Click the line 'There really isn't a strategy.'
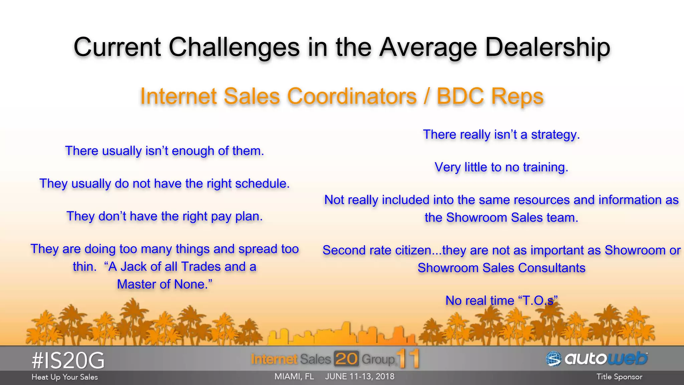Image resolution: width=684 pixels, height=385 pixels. click(x=501, y=135)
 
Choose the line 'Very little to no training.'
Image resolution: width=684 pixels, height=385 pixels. click(x=501, y=167)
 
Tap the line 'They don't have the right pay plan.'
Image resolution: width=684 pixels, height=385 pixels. click(x=165, y=217)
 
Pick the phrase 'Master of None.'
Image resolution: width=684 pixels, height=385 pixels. click(x=165, y=284)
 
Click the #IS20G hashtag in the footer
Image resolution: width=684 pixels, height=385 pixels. click(x=68, y=361)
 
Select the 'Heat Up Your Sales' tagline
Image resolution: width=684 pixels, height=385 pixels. click(x=65, y=377)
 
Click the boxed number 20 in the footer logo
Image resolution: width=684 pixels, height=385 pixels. click(x=346, y=359)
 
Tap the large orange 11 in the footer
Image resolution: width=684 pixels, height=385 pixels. click(x=408, y=359)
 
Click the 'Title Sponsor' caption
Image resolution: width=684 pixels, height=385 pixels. click(x=619, y=377)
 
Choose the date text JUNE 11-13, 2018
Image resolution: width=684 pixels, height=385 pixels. click(x=360, y=377)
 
